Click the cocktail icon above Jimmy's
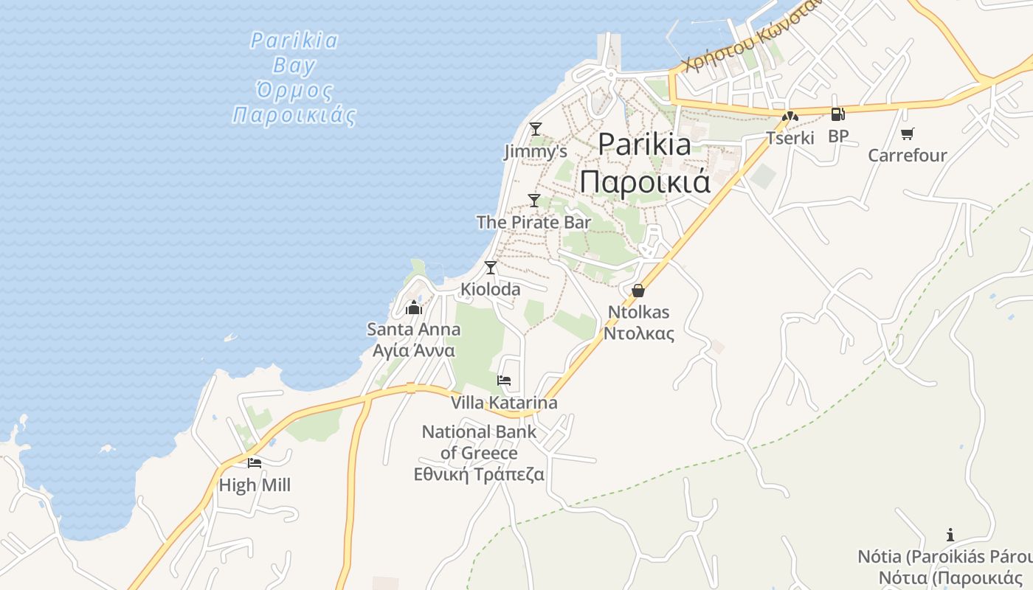pos(536,129)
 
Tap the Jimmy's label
pos(536,152)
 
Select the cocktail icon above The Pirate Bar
pos(534,200)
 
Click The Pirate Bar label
pos(533,222)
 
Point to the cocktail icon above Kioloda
pos(491,267)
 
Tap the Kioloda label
pos(491,289)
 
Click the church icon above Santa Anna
pos(414,307)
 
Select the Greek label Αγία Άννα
pos(414,350)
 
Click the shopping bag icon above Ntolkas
pos(638,291)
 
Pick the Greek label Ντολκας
pos(639,333)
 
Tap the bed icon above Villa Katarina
pos(504,381)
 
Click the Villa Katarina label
pos(504,403)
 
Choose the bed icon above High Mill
pos(255,463)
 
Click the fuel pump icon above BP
pos(837,114)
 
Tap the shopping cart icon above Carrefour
pos(907,133)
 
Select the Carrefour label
pos(907,156)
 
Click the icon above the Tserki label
pos(790,116)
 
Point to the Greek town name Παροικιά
pos(645,181)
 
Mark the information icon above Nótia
pos(950,535)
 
